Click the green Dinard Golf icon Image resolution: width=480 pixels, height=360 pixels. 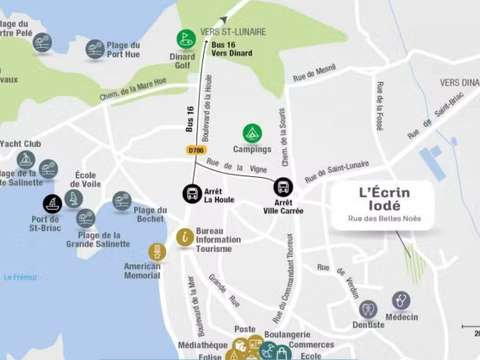186,39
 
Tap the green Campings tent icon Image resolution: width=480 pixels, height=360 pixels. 252,133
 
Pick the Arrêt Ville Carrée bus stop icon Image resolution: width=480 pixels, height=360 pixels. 283,186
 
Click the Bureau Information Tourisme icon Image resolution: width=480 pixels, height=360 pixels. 185,237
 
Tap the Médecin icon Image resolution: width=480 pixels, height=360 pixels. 401,300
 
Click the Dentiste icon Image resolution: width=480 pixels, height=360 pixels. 368,309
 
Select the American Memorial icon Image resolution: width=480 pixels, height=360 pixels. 155,252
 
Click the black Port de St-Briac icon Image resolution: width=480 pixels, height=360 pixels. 52,203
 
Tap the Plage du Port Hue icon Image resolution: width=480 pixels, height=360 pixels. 95,48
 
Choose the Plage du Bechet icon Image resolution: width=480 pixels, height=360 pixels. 122,201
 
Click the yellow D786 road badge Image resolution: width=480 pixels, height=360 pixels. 195,151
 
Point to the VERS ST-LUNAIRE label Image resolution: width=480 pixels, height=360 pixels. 233,32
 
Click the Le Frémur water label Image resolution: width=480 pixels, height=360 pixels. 19,277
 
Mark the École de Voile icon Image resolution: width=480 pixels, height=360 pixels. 73,198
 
